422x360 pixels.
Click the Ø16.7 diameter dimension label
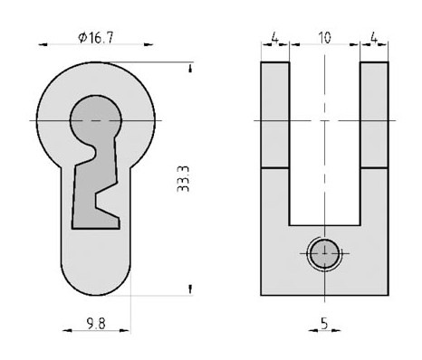click(x=96, y=38)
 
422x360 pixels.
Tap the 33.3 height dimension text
click(x=183, y=179)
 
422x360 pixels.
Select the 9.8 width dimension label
click(x=96, y=324)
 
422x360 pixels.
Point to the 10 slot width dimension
click(x=324, y=38)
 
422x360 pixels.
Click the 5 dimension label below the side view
click(x=324, y=324)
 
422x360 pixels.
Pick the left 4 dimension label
click(x=274, y=38)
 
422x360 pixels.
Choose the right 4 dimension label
click(x=374, y=38)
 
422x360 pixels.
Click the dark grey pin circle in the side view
click(x=324, y=254)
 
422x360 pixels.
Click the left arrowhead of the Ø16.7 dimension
click(x=43, y=44)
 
